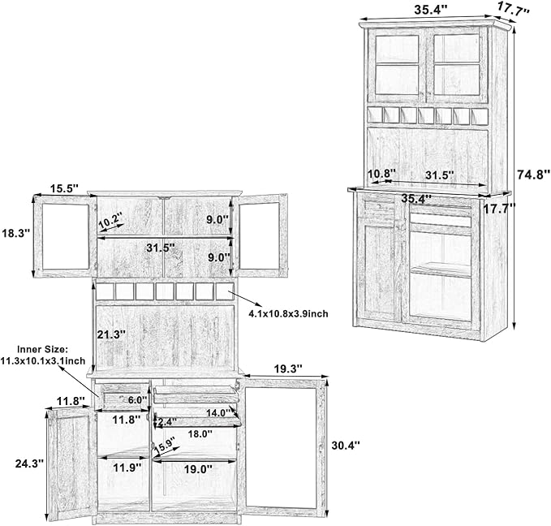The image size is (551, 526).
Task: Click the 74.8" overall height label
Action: (x=533, y=174)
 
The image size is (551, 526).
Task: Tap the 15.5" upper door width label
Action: (x=63, y=188)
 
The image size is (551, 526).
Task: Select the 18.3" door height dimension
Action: (x=15, y=233)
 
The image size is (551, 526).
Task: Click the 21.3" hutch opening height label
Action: (x=111, y=334)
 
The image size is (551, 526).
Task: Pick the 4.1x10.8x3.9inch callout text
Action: (x=289, y=313)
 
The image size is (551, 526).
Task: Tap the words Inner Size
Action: (x=42, y=350)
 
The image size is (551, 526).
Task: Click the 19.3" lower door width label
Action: (x=288, y=369)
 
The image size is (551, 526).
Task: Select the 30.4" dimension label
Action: (x=346, y=445)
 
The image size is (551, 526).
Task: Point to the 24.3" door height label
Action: (x=29, y=463)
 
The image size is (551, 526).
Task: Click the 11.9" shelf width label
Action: (x=127, y=468)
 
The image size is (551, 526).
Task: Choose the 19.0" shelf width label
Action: (x=198, y=468)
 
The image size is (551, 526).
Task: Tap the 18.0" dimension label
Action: (x=200, y=433)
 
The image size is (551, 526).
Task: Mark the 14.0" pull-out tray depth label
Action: (x=217, y=412)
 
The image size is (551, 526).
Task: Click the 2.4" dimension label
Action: (x=168, y=420)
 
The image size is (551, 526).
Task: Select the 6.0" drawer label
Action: (x=137, y=400)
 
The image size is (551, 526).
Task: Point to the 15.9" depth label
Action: (x=165, y=446)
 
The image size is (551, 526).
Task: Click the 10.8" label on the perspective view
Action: (x=381, y=174)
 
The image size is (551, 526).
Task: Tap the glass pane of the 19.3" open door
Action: (x=281, y=448)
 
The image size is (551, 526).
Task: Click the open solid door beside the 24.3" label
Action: (x=71, y=463)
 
